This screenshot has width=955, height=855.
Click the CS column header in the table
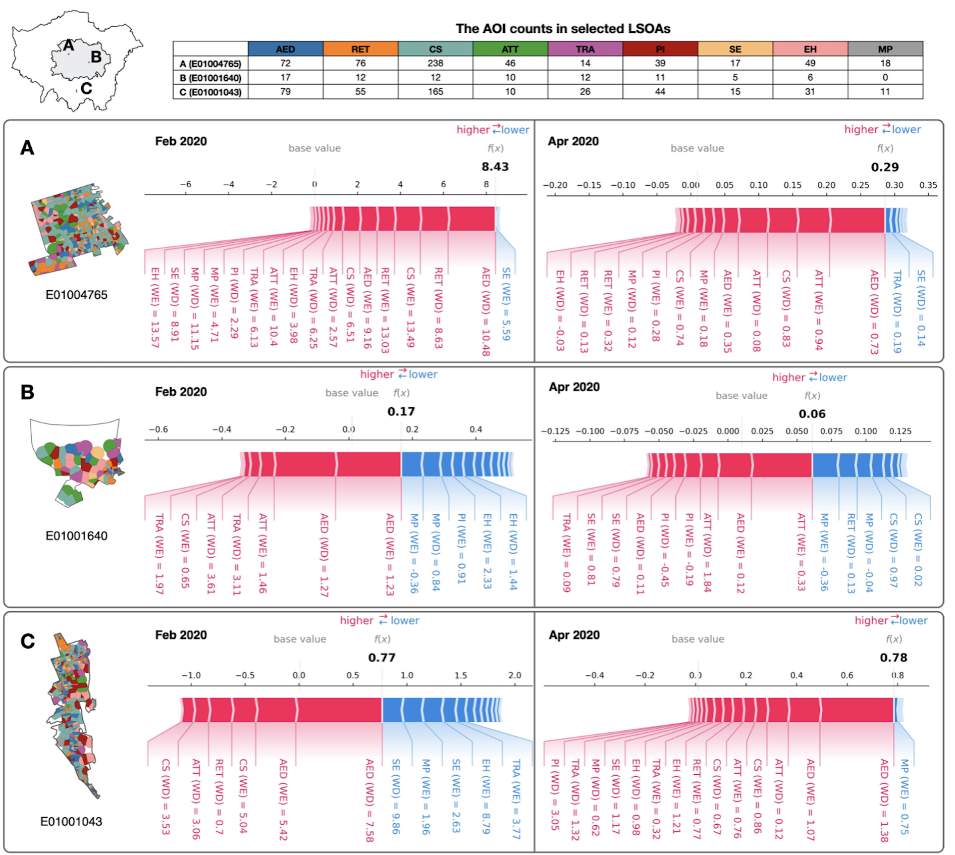(x=435, y=49)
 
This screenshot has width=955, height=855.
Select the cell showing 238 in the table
(x=435, y=63)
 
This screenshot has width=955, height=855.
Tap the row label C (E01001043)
(x=210, y=92)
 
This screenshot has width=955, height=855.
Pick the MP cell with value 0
(x=885, y=77)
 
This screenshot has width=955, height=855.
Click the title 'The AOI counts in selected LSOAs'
(x=563, y=29)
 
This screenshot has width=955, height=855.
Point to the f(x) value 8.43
(x=495, y=167)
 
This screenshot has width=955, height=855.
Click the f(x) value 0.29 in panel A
(x=884, y=167)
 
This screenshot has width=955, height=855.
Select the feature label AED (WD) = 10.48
(x=486, y=311)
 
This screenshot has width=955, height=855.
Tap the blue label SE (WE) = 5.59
(x=506, y=304)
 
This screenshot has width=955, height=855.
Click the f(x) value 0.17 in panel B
(x=401, y=411)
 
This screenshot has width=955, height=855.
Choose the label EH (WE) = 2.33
(x=487, y=551)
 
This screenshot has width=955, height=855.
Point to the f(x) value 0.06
(x=812, y=414)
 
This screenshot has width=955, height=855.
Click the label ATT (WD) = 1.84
(x=707, y=552)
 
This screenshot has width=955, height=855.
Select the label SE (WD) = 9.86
(x=396, y=796)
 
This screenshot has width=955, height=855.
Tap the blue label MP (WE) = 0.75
(x=904, y=796)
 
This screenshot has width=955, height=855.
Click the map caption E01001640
(x=76, y=536)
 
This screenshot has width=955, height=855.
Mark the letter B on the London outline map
(x=96, y=57)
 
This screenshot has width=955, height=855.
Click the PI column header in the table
(x=660, y=49)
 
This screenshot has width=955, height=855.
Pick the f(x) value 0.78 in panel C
(x=893, y=658)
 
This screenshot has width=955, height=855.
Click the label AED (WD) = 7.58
(x=369, y=800)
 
